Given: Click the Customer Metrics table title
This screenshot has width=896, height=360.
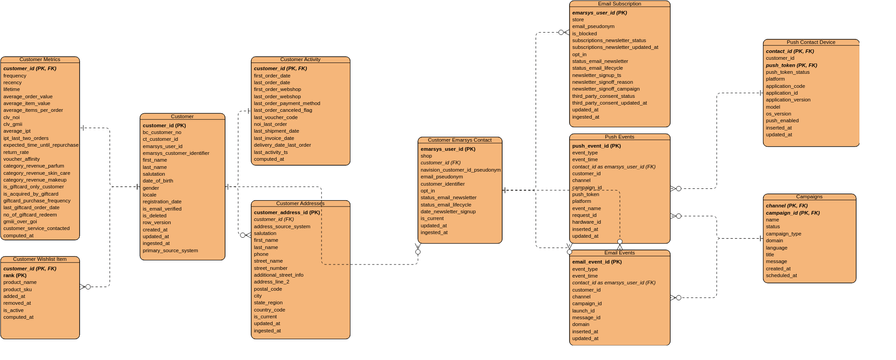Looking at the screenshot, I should (x=39, y=60).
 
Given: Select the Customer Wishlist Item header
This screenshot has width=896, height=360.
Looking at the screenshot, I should (x=39, y=260).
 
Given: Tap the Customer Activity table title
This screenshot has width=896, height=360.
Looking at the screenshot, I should (x=300, y=60).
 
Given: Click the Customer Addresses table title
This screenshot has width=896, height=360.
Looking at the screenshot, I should (x=300, y=204).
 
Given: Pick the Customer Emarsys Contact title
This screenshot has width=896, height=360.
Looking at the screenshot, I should (x=460, y=141).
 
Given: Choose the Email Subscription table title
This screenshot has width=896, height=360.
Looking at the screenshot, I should (x=619, y=4).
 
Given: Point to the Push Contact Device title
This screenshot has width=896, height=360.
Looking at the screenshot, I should (x=810, y=43).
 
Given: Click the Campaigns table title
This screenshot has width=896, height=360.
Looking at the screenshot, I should (x=809, y=197).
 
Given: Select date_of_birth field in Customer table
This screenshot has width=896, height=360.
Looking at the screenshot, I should (x=158, y=180).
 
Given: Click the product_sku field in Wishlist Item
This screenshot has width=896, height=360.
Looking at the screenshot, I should (x=19, y=289).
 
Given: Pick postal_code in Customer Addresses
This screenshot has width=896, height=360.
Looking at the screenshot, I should (x=268, y=288).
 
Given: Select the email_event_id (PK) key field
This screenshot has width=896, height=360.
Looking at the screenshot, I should (x=601, y=261).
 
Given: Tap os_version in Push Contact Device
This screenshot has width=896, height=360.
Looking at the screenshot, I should (x=780, y=113).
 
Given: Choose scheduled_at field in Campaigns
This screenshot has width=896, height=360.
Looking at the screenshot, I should (x=782, y=275).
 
